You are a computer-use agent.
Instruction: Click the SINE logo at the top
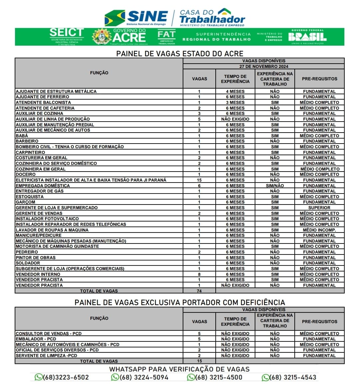pos(136,17)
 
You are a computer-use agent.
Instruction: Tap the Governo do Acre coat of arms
pos(102,37)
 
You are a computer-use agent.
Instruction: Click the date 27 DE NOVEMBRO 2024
pos(264,67)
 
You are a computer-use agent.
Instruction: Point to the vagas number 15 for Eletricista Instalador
pos(199,180)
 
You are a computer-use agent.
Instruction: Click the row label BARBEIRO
pos(27,141)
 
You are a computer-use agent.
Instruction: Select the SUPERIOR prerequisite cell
pos(319,208)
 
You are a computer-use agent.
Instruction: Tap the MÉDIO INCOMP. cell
pos(319,230)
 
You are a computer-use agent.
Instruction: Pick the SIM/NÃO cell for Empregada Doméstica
pos(275,186)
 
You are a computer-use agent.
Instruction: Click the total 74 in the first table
pos(199,291)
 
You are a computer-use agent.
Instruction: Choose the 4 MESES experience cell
pos(235,91)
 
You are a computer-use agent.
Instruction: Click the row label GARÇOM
pos(25,202)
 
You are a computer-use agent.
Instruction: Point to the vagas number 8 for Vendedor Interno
pos(199,274)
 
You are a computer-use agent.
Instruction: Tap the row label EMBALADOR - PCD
pos(36,339)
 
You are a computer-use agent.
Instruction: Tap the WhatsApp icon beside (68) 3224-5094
pos(115,377)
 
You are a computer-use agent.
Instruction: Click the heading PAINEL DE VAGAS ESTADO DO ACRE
pos(180,54)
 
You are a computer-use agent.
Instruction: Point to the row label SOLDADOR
pos(28,263)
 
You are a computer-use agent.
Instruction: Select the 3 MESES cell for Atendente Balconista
pos(235,103)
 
